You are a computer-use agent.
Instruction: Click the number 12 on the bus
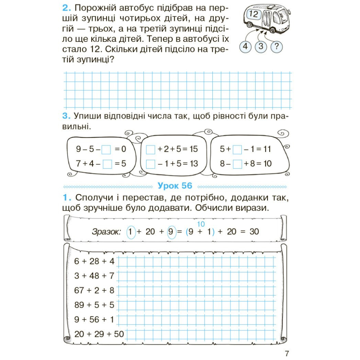coord(255,15)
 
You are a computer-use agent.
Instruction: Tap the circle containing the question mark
coord(277,47)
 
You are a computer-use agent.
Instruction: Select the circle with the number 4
coord(245,47)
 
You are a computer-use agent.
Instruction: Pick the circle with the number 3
coord(261,47)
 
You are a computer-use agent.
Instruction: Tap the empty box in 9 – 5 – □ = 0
coord(107,149)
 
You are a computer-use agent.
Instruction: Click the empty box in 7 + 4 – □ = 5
coord(107,164)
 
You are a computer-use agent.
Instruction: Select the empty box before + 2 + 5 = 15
coord(150,149)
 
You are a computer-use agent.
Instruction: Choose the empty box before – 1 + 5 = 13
coord(150,164)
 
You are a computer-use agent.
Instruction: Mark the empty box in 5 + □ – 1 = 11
coord(238,149)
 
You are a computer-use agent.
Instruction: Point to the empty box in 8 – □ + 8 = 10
coord(238,164)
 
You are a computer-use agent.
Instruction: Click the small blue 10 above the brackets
coord(201,224)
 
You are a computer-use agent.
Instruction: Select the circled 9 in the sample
coord(172,231)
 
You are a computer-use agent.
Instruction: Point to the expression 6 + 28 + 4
coord(94,262)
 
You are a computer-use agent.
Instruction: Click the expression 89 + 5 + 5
coord(94,305)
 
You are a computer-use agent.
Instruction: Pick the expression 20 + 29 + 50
coord(99,334)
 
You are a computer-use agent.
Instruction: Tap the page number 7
coord(287,353)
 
